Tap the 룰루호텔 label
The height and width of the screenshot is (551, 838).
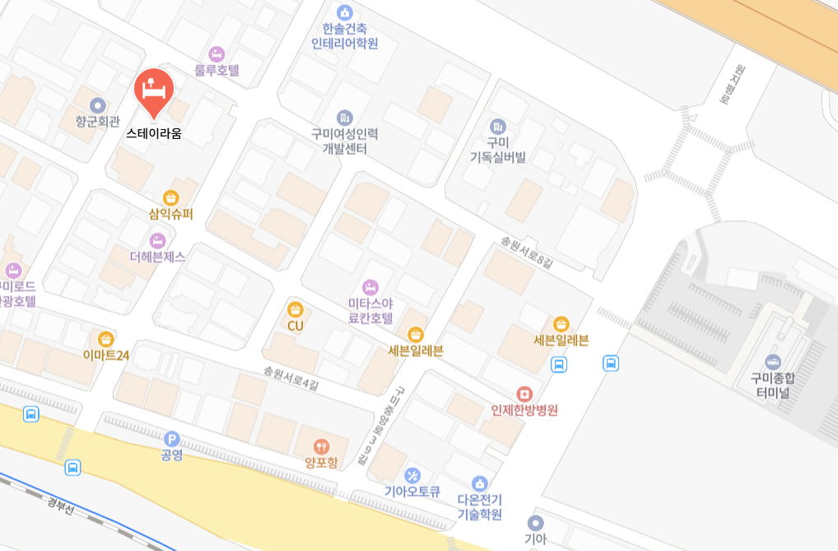[x=216, y=71]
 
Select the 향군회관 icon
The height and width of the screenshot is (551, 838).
[x=98, y=105]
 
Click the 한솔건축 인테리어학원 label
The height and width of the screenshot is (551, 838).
[x=345, y=36]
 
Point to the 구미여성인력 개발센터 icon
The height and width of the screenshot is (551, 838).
[x=345, y=118]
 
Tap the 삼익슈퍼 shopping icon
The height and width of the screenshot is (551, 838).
[x=170, y=197]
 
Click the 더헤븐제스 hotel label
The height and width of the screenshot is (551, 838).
[x=158, y=257]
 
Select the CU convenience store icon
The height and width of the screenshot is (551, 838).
[x=296, y=309]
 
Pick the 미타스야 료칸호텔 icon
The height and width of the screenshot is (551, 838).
[x=370, y=287]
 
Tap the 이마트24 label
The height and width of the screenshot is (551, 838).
[x=106, y=355]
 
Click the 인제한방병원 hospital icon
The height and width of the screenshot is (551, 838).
[x=524, y=394]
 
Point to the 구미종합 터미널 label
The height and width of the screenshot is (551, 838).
[x=773, y=386]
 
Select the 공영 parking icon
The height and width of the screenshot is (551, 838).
[x=171, y=439]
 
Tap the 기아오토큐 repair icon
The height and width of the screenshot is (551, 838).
[x=413, y=475]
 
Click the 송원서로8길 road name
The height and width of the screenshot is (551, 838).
[x=526, y=250]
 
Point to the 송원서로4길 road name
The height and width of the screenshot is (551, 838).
[x=291, y=377]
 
